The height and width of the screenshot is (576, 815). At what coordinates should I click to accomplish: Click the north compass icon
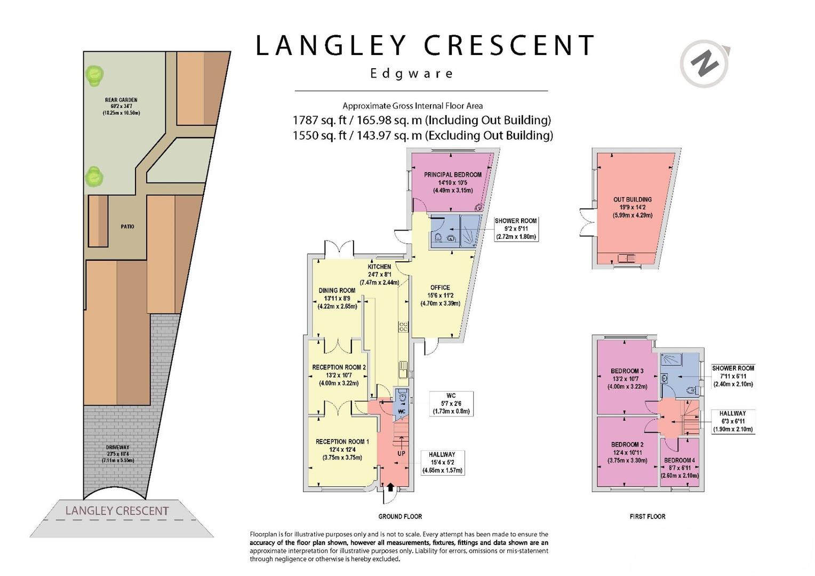705,64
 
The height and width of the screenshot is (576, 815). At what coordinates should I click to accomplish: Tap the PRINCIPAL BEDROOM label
453,174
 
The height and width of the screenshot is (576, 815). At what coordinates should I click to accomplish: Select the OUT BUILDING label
633,199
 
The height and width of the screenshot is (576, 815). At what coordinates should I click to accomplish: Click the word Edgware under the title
411,74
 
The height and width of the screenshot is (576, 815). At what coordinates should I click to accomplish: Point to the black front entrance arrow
390,487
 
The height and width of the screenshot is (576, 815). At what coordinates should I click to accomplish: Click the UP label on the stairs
401,453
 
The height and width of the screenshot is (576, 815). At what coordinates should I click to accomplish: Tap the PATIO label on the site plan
127,226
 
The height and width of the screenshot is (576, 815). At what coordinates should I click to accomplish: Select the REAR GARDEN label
121,100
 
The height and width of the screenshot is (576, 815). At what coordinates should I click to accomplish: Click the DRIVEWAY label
117,447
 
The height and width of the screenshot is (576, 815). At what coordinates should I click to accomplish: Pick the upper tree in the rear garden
94,75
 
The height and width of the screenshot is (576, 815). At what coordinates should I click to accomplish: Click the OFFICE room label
440,287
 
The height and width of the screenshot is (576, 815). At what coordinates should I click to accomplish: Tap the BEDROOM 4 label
680,460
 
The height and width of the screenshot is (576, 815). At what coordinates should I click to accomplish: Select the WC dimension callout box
451,404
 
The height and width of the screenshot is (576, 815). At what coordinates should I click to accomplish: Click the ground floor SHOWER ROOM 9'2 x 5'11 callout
516,228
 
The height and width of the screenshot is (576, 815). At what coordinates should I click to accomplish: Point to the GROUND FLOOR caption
400,516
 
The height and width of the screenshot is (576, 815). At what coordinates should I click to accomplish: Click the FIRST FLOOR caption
648,516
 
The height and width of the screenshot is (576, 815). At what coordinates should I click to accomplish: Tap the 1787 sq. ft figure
319,120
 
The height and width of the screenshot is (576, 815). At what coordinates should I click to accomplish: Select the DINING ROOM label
337,290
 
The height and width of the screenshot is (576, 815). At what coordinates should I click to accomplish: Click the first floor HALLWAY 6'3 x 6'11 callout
733,421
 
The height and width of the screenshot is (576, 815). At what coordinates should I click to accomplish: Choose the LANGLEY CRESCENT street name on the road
117,511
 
